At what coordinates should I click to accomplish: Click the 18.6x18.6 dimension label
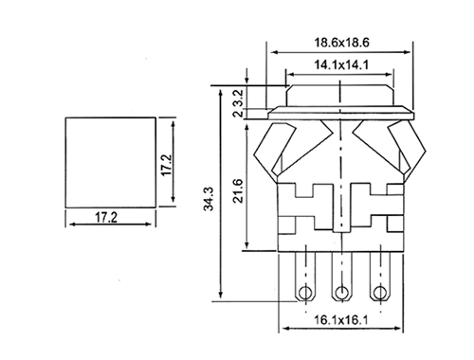tap(341, 43)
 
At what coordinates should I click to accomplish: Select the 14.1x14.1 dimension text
tap(341, 65)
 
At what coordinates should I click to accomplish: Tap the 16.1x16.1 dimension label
tap(341, 320)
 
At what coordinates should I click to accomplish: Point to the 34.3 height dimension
tap(209, 199)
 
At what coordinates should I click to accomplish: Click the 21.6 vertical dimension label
tap(238, 190)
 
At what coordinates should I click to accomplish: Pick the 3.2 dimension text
tap(239, 98)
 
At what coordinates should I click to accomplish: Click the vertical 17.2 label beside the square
tap(166, 165)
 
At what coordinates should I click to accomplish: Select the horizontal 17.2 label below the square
tap(106, 217)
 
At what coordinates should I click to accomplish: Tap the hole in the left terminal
tap(305, 293)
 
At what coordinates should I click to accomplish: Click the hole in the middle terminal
tap(340, 293)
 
